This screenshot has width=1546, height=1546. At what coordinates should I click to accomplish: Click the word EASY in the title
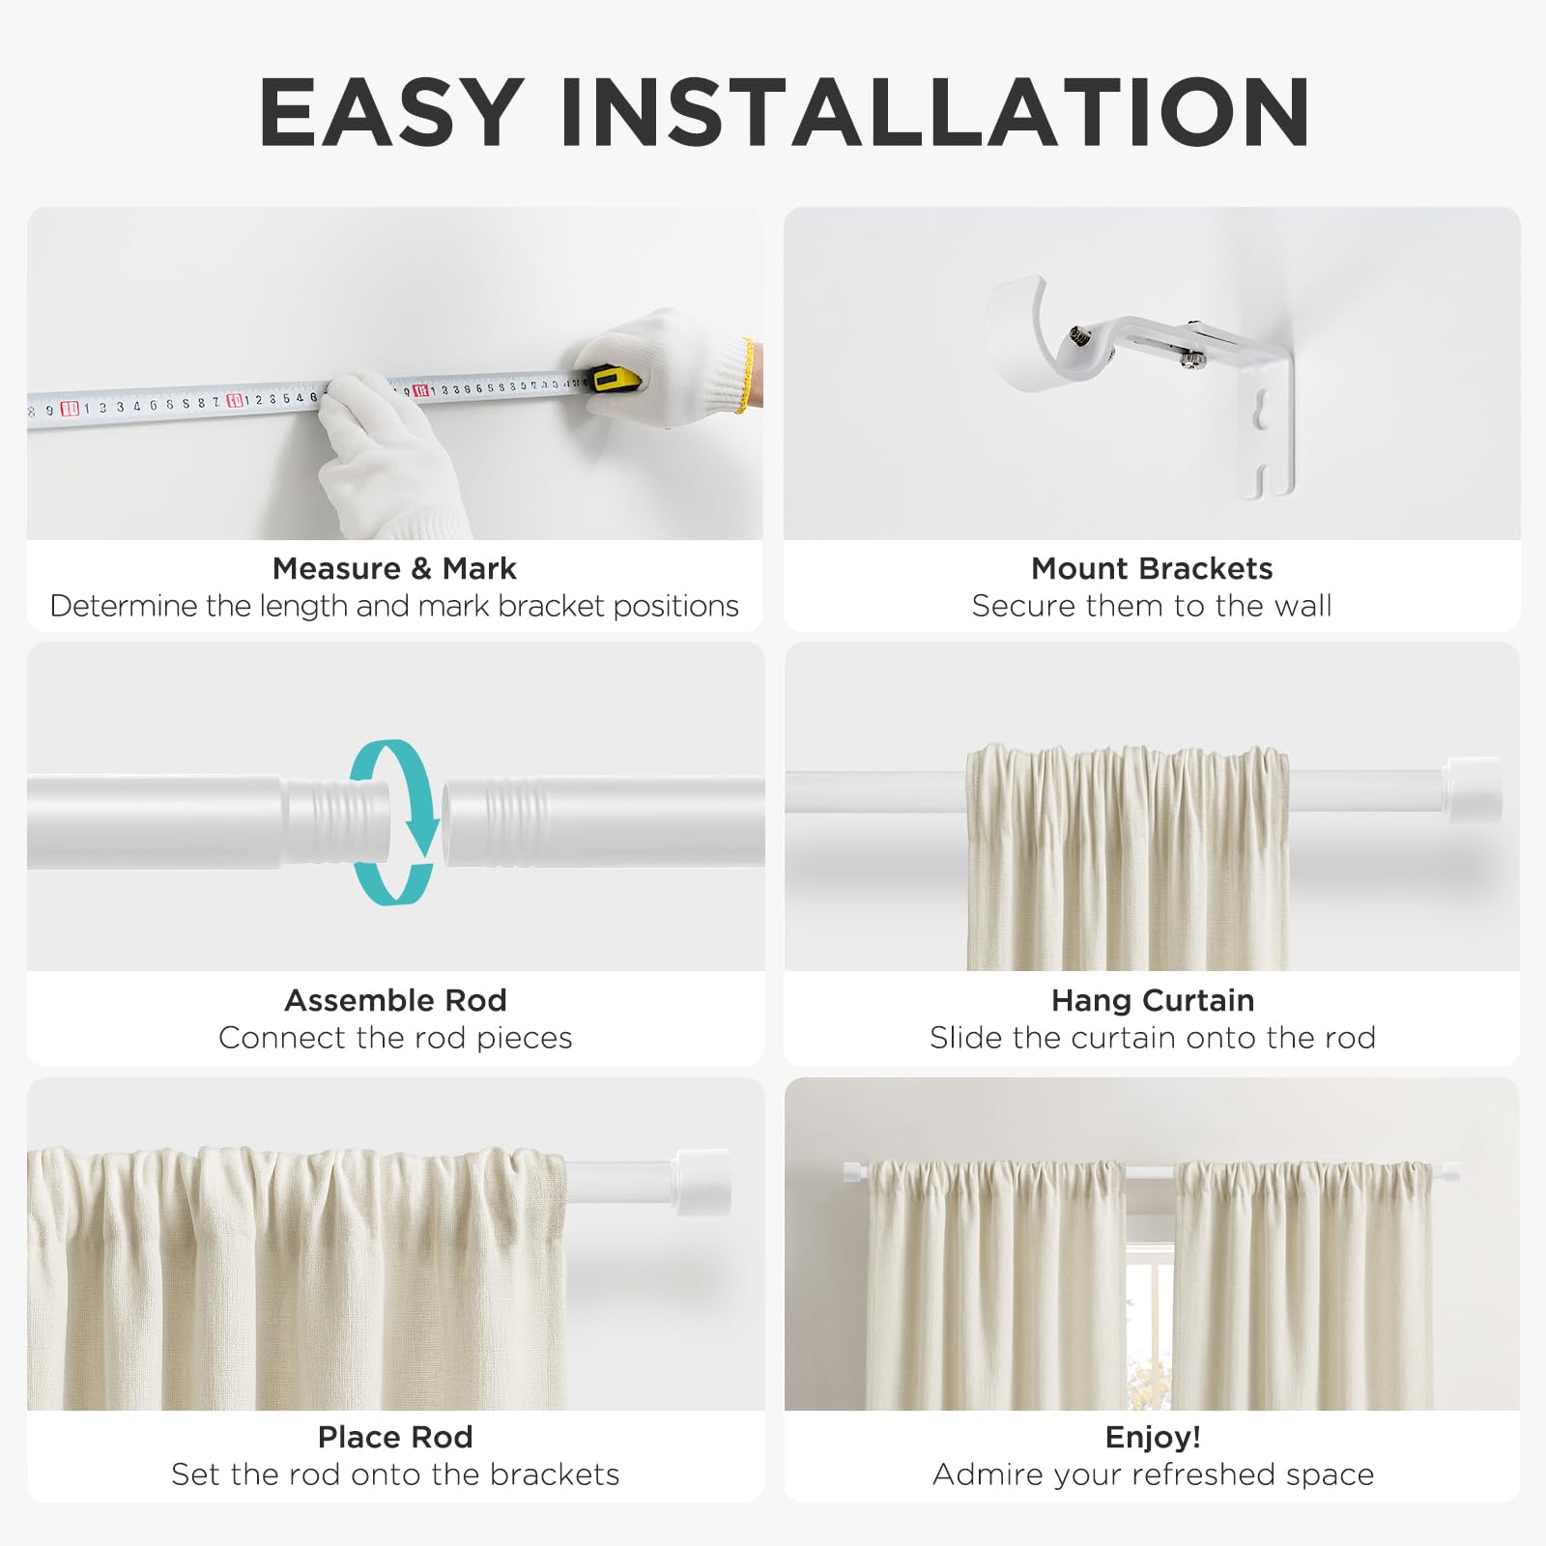[391, 112]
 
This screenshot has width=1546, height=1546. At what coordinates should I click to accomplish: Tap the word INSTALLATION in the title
[935, 112]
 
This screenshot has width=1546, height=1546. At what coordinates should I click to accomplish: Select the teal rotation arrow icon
[394, 822]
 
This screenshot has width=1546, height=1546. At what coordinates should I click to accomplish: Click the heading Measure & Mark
[394, 568]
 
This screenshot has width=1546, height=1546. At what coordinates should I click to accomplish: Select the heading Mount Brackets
[1152, 568]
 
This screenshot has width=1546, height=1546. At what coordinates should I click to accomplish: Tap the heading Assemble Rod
[395, 1000]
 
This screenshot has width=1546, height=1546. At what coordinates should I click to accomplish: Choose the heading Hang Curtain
[1153, 1000]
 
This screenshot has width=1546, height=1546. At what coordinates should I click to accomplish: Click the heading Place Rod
[395, 1437]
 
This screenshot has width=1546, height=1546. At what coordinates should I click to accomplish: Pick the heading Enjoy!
[1153, 1437]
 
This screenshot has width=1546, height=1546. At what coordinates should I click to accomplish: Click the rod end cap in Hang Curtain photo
[1474, 789]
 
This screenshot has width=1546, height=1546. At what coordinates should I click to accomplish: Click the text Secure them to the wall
[1152, 606]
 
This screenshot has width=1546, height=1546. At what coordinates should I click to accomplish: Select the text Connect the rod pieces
[395, 1038]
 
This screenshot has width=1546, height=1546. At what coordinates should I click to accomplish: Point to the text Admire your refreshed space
[1153, 1474]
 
